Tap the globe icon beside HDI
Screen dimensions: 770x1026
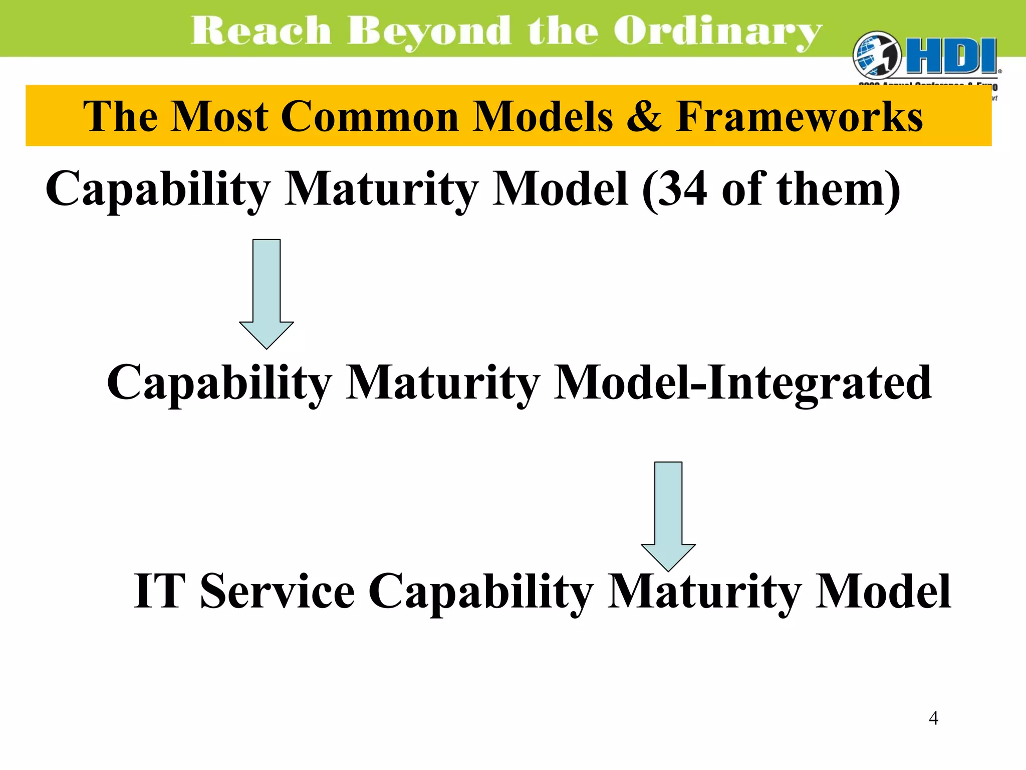[x=876, y=56]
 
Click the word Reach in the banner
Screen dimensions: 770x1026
[x=261, y=31]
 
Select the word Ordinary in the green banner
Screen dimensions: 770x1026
[x=717, y=31]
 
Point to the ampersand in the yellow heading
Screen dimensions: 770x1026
[x=643, y=116]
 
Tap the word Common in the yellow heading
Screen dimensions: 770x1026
[x=370, y=116]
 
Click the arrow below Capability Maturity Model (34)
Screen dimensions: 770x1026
[x=267, y=293]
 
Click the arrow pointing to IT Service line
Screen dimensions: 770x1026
[x=668, y=516]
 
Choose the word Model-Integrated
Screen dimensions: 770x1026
[x=742, y=383]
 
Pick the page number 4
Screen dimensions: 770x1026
[x=933, y=718]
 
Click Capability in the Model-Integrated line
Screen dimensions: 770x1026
[x=219, y=383]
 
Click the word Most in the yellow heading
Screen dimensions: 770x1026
[x=219, y=116]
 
